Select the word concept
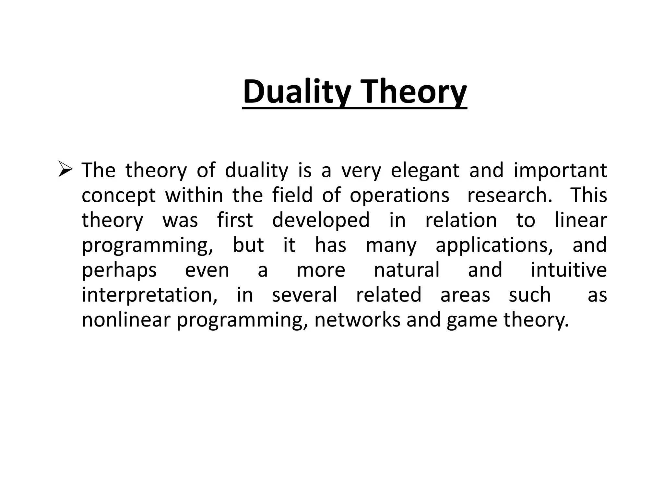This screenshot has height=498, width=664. [119, 196]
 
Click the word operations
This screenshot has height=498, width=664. [399, 196]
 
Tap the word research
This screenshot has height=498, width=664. [509, 195]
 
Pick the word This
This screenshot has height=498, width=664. [588, 195]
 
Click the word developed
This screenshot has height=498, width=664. [321, 220]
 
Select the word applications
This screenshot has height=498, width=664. [494, 245]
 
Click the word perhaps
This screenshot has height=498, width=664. [119, 270]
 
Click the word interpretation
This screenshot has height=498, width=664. [149, 295]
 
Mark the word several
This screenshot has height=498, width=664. [304, 295]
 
